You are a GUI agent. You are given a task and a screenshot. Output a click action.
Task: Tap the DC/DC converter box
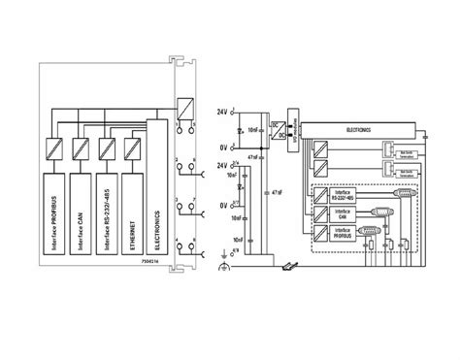click(277, 128)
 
